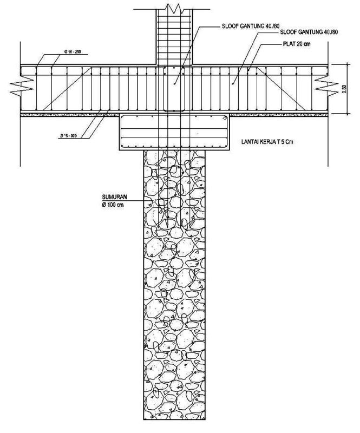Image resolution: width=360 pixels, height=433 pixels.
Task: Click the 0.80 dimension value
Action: click(344, 89)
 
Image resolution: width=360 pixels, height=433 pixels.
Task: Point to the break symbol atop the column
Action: click(174, 8)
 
